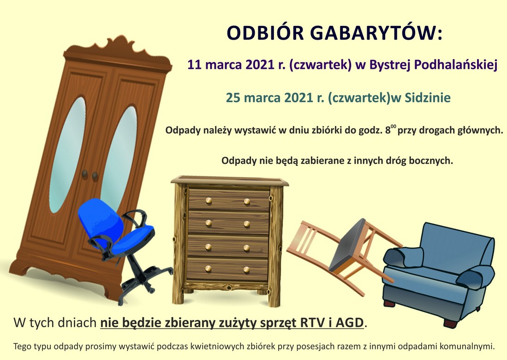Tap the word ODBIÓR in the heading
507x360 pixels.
tap(265, 33)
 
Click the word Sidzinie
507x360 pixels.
tap(428, 97)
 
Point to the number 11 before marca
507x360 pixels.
tap(195, 65)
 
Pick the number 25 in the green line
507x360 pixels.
tap(233, 97)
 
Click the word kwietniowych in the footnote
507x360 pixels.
tap(217, 347)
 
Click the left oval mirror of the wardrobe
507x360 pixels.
tap(67, 155)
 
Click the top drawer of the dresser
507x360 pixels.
tap(229, 200)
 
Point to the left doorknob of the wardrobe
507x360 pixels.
tap(85, 174)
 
